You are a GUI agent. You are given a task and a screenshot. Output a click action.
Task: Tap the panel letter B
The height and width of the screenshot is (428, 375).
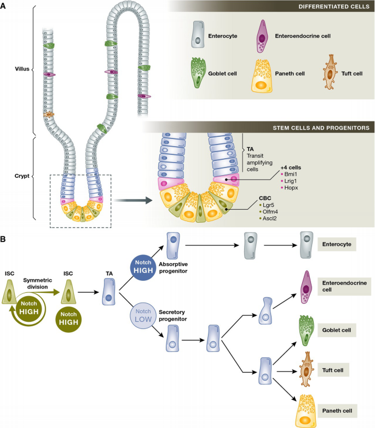4,239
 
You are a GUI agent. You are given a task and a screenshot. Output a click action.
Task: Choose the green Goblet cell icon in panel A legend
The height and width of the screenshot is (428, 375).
198,73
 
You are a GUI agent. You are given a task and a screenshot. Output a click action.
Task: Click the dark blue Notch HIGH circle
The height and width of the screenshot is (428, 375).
144,269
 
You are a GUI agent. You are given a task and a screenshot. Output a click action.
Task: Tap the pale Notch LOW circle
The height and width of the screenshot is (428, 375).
144,316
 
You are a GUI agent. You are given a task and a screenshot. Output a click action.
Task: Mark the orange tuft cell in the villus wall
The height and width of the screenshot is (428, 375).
49,115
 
